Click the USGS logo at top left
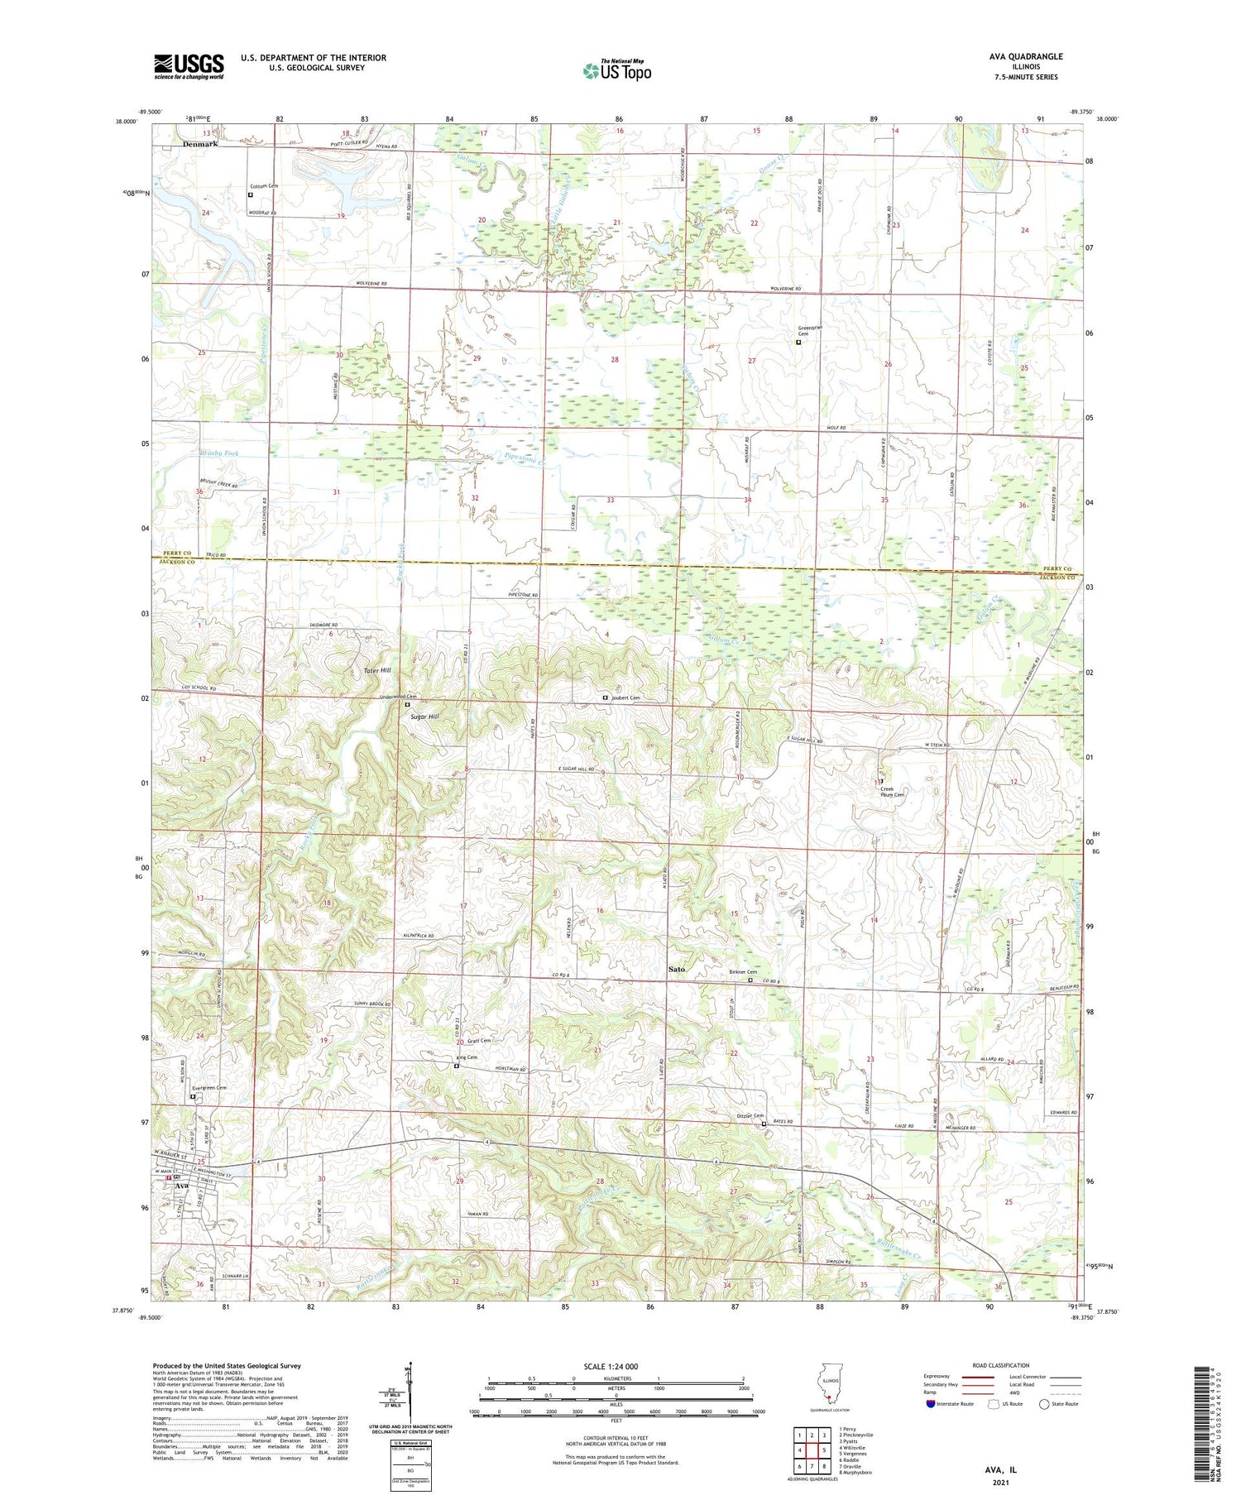coord(189,66)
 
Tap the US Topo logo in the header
coord(616,70)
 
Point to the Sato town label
coord(677,968)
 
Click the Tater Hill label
coord(377,670)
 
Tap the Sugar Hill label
coord(424,716)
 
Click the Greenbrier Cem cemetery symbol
coord(798,342)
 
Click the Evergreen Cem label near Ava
coord(208,1088)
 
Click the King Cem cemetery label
coord(467,1057)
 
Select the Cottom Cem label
coord(264,186)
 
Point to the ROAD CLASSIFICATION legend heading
coord(1001,1365)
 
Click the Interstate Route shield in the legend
coord(931,1404)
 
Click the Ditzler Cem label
coord(750,1116)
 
